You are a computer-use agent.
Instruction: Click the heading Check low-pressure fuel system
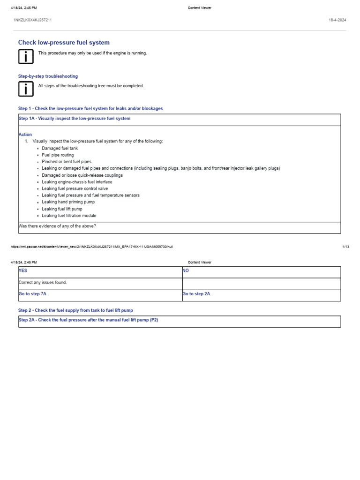point(64,43)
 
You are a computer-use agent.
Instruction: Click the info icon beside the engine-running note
point(26,57)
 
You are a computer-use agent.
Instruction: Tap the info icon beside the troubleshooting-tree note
point(26,89)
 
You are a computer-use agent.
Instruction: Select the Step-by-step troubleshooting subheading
point(48,76)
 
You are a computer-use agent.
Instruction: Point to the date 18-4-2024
point(338,20)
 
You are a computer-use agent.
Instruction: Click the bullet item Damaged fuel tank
point(60,148)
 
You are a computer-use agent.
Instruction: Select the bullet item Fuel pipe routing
point(58,155)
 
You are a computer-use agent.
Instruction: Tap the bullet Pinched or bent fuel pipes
point(67,162)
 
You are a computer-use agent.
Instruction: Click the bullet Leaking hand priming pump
point(68,202)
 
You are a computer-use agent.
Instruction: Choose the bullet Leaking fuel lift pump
point(62,209)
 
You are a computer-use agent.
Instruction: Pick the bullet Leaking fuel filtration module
point(69,216)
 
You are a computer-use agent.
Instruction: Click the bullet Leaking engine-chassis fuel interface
point(77,182)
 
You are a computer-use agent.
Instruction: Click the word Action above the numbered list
point(25,135)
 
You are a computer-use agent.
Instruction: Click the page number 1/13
point(345,247)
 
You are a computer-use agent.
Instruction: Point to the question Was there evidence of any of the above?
point(57,226)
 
